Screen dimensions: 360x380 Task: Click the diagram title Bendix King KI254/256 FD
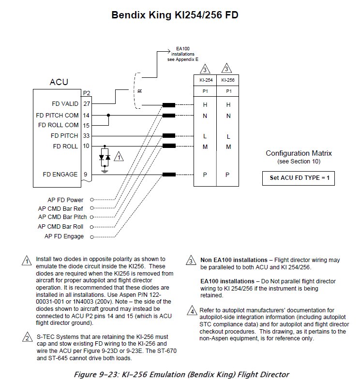click(x=175, y=15)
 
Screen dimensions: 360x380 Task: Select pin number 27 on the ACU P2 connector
click(x=87, y=104)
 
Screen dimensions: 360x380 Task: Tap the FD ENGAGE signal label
click(x=60, y=175)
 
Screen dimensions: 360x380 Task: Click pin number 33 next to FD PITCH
click(x=86, y=136)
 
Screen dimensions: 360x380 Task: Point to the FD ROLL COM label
click(x=59, y=125)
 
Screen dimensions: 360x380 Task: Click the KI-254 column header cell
click(x=205, y=80)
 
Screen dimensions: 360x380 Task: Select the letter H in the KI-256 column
click(x=228, y=105)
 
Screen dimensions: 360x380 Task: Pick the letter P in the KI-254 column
click(x=205, y=175)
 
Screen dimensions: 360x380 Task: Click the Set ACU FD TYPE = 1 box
click(x=299, y=178)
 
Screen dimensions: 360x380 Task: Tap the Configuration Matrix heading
click(x=299, y=153)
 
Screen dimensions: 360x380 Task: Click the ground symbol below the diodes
click(x=105, y=172)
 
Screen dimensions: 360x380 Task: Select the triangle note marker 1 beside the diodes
click(x=119, y=157)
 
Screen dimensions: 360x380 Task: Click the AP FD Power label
click(x=65, y=200)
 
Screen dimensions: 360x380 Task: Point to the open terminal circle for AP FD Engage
click(x=92, y=237)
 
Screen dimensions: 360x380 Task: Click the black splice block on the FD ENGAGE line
click(x=169, y=175)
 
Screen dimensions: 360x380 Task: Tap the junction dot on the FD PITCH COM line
click(x=108, y=116)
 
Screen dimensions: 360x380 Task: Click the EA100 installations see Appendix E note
click(x=183, y=54)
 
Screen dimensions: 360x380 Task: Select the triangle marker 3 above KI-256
click(x=226, y=68)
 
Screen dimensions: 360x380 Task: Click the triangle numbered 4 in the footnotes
click(x=192, y=311)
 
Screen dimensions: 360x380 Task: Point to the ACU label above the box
click(x=59, y=82)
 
